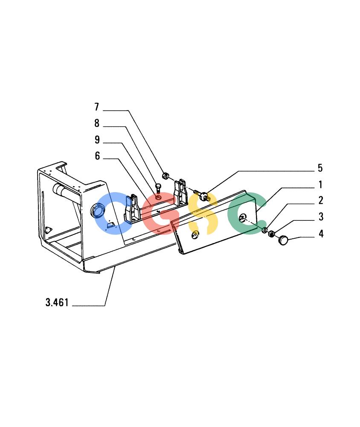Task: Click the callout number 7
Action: [96, 107]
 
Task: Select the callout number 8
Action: [96, 123]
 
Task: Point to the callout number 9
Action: [97, 140]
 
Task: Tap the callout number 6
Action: [97, 156]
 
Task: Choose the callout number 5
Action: [320, 168]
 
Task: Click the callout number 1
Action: [320, 184]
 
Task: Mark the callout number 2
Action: [321, 200]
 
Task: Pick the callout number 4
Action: [321, 234]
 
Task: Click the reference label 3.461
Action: [57, 302]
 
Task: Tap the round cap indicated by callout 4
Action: [283, 240]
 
